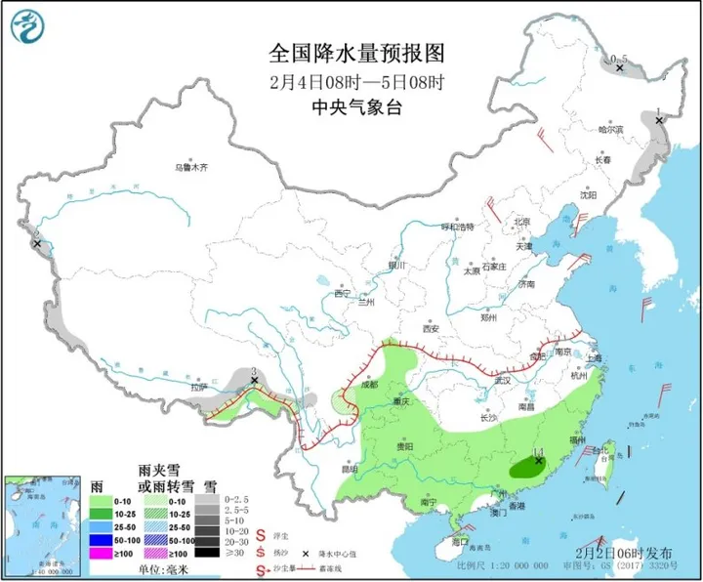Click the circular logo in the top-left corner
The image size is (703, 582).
(x=31, y=27)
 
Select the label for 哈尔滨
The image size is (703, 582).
(x=609, y=129)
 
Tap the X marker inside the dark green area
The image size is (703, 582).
(x=538, y=460)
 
